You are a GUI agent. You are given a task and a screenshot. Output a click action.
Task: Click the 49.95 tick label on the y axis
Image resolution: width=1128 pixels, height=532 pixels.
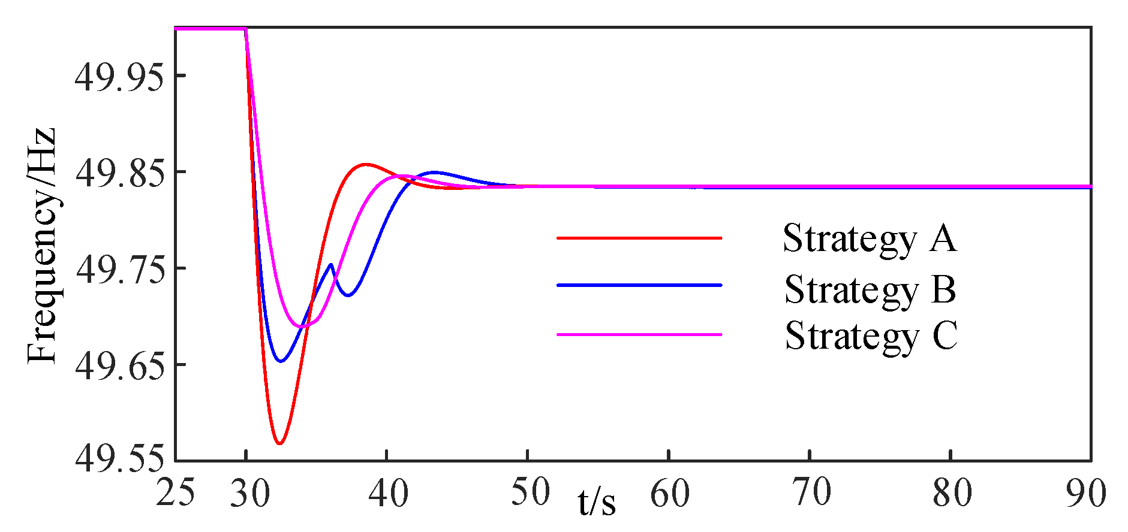[119, 77]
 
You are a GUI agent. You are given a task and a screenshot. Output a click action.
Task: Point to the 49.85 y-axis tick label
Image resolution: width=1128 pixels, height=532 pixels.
[119, 173]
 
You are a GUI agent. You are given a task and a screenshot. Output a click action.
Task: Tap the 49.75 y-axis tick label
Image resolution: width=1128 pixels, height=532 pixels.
[119, 270]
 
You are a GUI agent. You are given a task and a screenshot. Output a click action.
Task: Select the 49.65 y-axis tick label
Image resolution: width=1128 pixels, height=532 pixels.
[119, 365]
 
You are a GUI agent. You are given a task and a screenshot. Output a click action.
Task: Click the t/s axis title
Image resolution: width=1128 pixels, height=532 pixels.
[597, 502]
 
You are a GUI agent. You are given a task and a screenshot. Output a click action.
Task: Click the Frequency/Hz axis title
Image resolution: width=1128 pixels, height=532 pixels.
[42, 246]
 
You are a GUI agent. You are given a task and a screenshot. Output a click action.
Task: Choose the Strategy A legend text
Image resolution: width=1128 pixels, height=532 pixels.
[870, 238]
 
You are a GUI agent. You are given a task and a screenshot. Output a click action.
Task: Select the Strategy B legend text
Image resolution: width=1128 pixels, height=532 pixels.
[870, 289]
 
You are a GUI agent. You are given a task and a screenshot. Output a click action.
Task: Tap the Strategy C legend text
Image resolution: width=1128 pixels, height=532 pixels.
[871, 335]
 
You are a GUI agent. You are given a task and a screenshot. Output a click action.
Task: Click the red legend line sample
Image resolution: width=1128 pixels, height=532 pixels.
[639, 238]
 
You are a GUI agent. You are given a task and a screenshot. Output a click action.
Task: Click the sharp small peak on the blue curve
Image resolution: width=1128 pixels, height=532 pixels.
[331, 264]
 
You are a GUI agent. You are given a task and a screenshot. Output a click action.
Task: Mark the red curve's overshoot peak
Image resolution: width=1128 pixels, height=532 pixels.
[366, 164]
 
